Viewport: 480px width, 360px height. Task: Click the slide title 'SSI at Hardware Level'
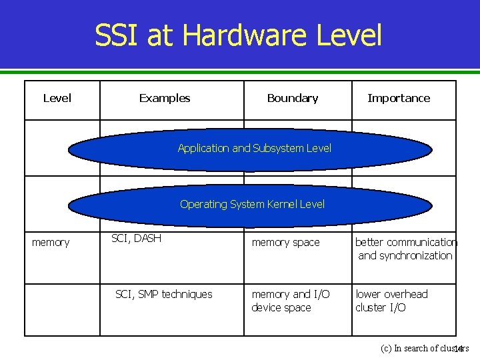pos(238,35)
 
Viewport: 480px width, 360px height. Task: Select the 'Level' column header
pos(57,98)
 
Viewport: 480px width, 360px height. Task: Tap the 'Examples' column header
pos(165,98)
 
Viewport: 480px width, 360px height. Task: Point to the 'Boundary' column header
pos(292,98)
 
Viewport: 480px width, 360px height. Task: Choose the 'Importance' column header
pos(399,98)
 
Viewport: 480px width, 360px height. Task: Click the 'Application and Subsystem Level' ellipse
pos(254,148)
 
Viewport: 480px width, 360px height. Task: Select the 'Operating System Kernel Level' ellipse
pos(252,204)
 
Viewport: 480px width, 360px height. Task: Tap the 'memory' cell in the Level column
pos(51,243)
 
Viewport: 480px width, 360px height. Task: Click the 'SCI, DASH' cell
pos(136,238)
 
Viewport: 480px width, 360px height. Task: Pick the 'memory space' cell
pos(285,243)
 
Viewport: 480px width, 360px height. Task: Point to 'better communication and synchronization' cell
pos(405,249)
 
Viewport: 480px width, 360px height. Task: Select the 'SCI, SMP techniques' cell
pos(164,294)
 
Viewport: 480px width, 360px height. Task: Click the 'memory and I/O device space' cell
pos(290,301)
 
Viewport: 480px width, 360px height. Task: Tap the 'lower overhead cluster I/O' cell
pos(391,301)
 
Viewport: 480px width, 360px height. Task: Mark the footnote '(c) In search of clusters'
pos(424,348)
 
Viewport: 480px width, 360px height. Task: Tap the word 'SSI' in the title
pos(117,35)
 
